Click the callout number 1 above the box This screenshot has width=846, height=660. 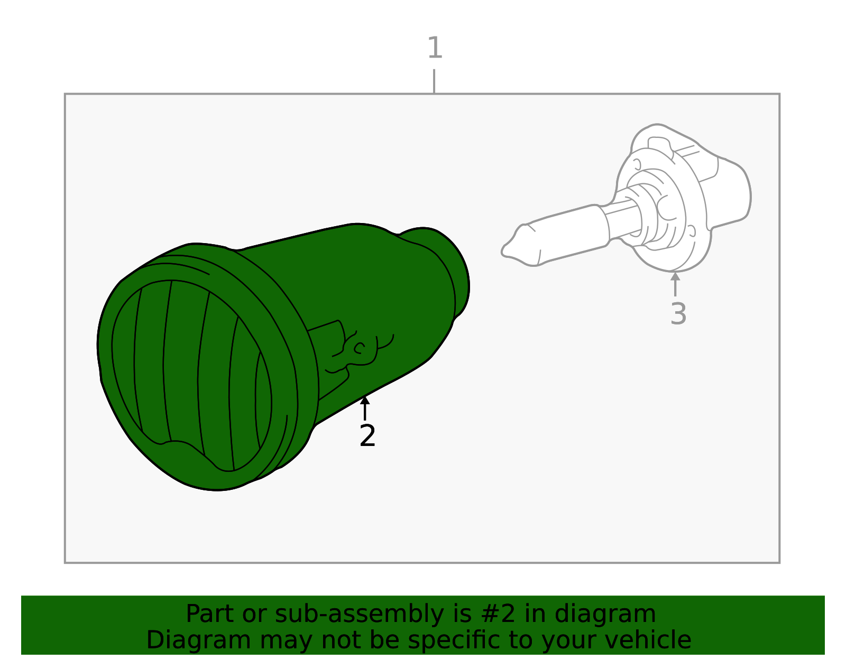tap(435, 48)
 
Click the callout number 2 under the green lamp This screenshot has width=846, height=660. tap(367, 435)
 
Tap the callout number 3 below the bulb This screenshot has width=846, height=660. tap(678, 313)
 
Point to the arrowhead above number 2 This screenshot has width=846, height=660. tap(365, 400)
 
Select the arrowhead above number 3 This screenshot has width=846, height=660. tap(675, 276)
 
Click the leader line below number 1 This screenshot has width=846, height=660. tap(434, 81)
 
